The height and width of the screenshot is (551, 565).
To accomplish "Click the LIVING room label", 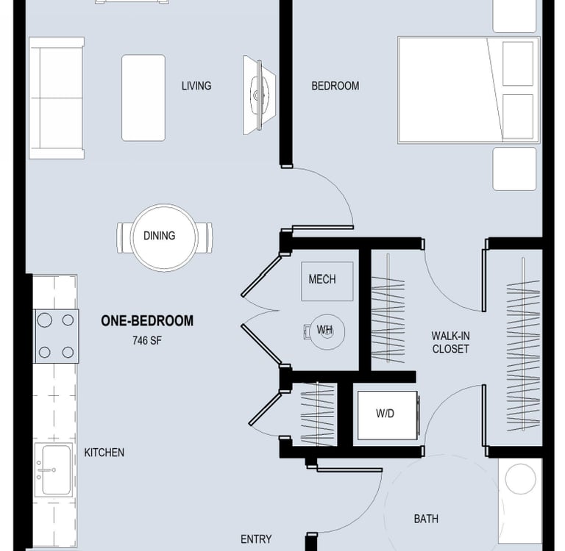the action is (196, 86).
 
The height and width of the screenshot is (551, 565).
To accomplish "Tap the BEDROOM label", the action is (335, 86).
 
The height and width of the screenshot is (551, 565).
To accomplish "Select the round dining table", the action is (164, 237).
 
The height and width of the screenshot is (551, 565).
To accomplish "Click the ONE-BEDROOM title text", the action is (147, 320).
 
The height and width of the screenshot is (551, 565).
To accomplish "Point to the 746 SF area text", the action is (147, 340).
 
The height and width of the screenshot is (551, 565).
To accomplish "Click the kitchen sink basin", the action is (56, 470).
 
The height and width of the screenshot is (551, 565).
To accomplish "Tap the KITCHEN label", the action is (104, 453).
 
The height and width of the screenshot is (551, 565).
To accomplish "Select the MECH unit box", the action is (327, 281).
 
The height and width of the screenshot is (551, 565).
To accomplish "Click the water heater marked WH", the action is (327, 331).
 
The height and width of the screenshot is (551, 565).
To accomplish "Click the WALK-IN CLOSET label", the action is (450, 342).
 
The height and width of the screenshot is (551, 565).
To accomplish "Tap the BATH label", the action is (426, 519).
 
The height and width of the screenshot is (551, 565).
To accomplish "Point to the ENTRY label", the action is (256, 539).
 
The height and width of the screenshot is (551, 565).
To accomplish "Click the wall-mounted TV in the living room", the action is (259, 96).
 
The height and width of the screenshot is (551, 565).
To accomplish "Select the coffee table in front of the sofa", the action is (143, 98).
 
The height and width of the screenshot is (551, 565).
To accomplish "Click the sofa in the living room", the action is (57, 98).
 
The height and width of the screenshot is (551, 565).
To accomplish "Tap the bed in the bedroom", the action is (469, 90).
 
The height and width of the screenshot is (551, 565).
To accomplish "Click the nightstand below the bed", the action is (514, 169).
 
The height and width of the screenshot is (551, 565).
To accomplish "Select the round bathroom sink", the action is (520, 479).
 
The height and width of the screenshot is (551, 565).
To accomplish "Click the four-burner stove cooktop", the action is (57, 336).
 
